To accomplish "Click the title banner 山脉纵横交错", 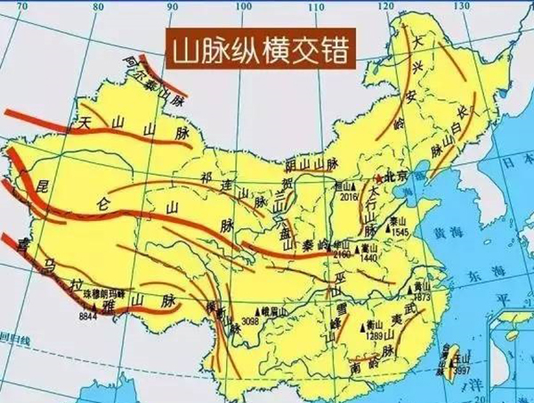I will click(x=257, y=47).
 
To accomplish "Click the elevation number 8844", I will click(x=88, y=317).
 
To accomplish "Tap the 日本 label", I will click(x=510, y=165).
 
